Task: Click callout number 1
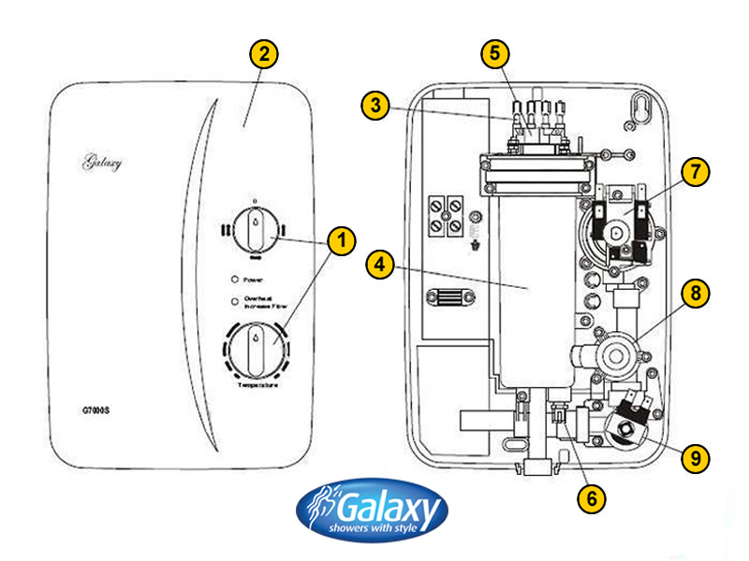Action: coord(341,241)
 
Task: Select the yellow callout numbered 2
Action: coord(264,54)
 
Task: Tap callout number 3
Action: coord(376,107)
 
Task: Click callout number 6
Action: coord(589,497)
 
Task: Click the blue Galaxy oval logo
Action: coord(373,512)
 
